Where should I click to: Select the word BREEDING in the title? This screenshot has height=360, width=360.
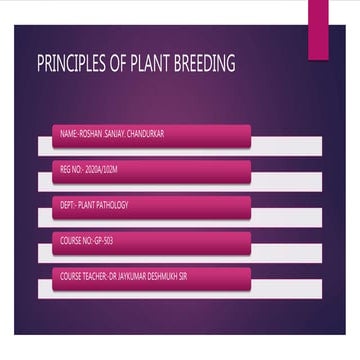tap(206, 65)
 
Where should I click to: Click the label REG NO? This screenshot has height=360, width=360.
tap(72, 168)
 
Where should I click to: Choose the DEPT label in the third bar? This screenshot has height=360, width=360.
tap(68, 204)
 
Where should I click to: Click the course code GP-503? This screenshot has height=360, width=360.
tap(105, 240)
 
